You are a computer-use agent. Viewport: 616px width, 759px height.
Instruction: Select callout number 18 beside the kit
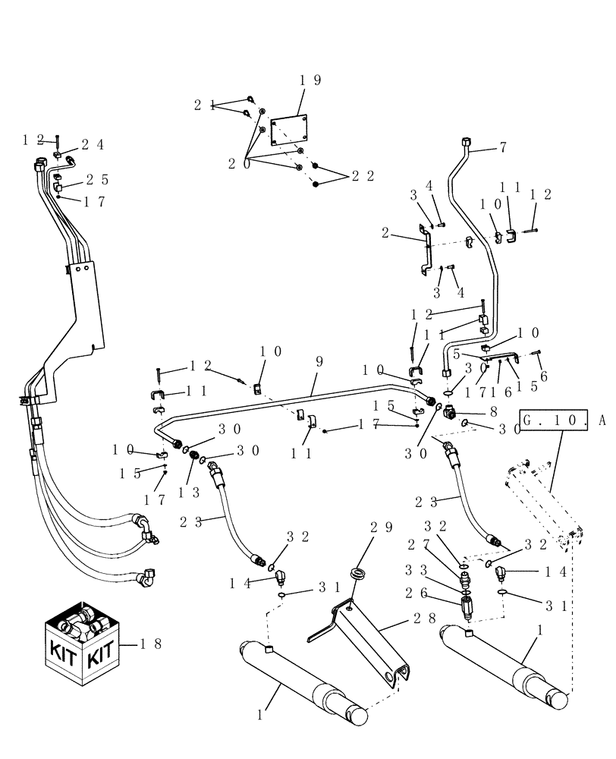pos(151,644)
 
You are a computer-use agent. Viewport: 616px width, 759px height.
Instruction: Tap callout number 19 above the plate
pos(310,80)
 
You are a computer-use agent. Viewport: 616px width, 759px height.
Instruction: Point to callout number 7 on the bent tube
pos(502,149)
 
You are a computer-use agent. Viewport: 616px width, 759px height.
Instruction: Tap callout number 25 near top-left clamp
pos(97,180)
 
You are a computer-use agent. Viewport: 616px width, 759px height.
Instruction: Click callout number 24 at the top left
pos(93,145)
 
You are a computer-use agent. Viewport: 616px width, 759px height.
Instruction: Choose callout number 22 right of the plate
pos(363,176)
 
